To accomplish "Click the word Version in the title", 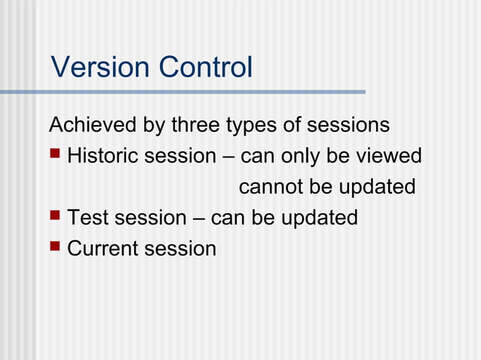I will point(101,68).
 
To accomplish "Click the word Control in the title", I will point(206,68).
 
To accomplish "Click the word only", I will point(301,157).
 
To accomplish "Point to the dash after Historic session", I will point(228,157).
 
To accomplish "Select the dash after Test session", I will point(198,218).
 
